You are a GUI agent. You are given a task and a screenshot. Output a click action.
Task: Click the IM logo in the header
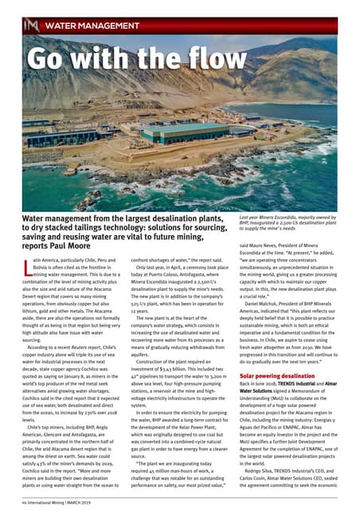coord(32,26)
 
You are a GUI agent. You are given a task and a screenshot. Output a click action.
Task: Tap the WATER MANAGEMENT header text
coord(88,26)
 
